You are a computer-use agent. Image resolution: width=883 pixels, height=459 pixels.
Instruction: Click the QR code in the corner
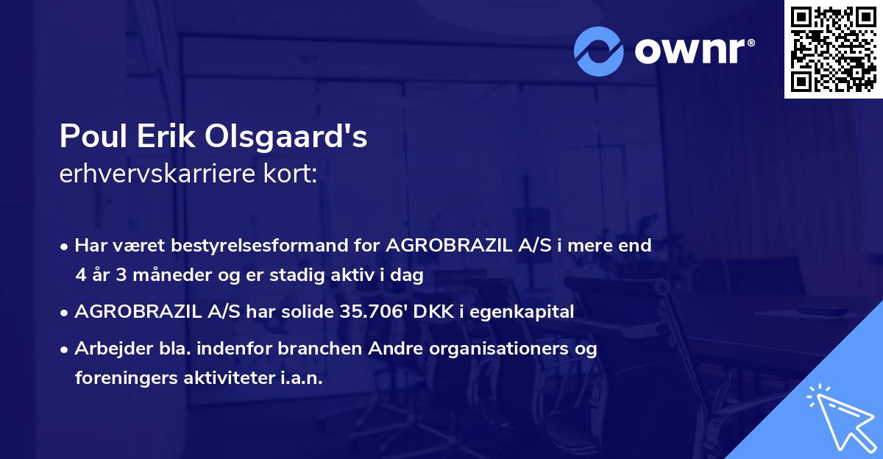[x=833, y=49]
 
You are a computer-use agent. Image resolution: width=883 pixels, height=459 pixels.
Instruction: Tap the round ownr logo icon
[x=600, y=51]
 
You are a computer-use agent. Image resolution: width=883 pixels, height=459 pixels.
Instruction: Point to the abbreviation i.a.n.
[x=301, y=378]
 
